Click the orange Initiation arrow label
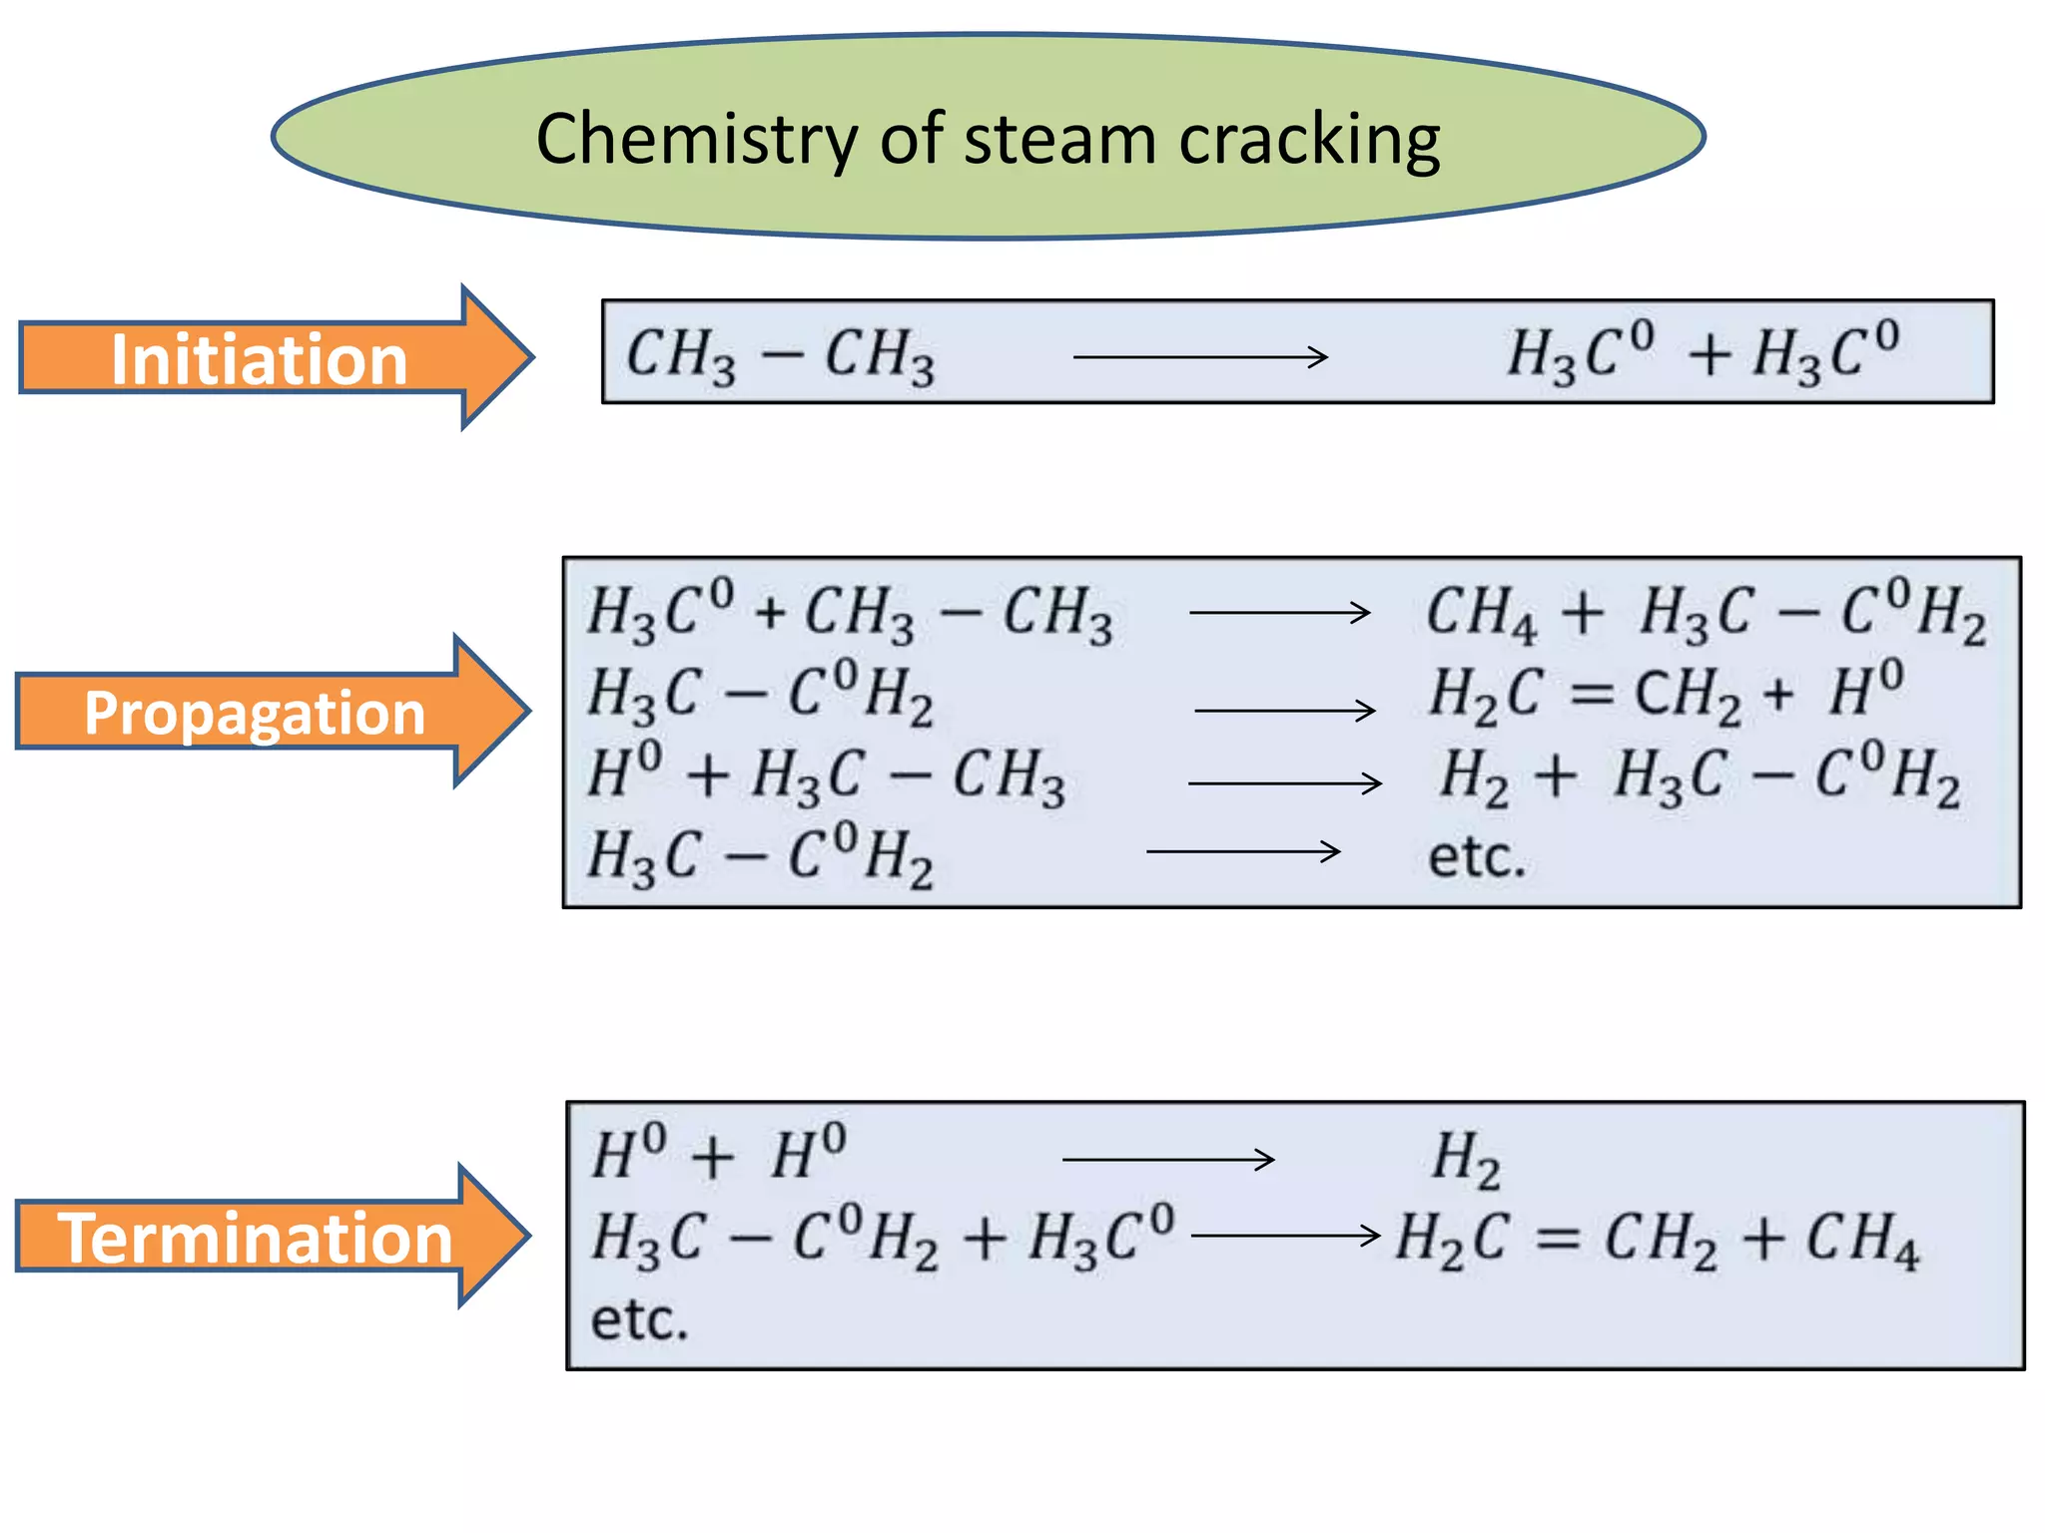tap(260, 358)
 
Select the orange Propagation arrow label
tap(255, 713)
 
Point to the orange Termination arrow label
tap(256, 1238)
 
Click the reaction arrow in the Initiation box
tap(1200, 356)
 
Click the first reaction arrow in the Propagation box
tap(1279, 612)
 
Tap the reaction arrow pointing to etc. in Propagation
tap(1243, 851)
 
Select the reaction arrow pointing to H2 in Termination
tap(1168, 1159)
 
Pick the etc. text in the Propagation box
tap(1477, 857)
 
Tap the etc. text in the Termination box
tap(640, 1319)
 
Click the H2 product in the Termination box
tap(1466, 1160)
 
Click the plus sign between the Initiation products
tap(1709, 355)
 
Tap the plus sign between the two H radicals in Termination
tap(713, 1159)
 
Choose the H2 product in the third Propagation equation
tap(1474, 777)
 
